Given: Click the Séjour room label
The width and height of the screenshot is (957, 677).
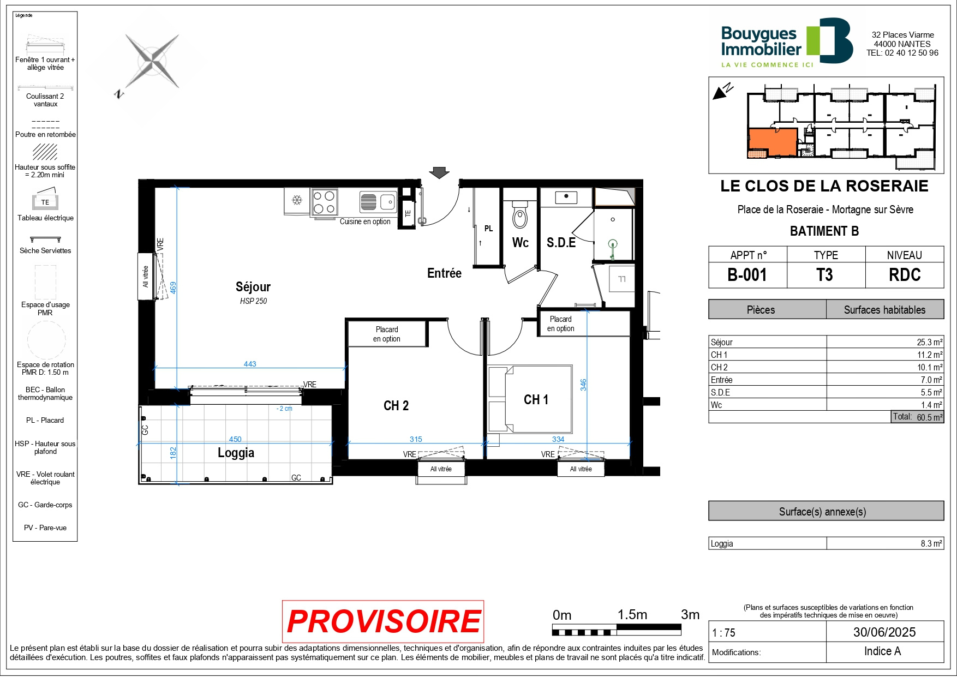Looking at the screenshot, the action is pos(253,287).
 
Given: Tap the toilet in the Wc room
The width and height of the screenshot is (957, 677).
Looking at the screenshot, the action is pos(520,214).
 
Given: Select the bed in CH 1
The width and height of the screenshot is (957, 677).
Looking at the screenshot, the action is pos(530,399).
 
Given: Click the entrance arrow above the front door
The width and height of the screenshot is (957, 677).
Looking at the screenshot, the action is pos(439,172).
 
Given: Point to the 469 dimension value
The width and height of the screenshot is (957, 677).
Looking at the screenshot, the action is pos(173,287).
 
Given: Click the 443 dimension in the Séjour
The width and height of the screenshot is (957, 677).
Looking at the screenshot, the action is pos(250,364).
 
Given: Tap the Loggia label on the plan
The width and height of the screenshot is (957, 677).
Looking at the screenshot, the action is pos(236,453).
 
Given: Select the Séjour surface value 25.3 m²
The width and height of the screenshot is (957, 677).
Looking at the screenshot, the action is pos(929,342).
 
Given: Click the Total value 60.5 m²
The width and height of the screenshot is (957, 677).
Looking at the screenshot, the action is pos(929,417).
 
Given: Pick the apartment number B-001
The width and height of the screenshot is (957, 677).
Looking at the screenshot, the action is pos(747,275).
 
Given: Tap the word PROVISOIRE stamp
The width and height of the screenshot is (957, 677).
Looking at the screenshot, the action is pos(383,621).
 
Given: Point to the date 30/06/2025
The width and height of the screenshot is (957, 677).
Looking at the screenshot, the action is pos(884,632).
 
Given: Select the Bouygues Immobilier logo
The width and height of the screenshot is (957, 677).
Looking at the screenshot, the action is pos(787,43).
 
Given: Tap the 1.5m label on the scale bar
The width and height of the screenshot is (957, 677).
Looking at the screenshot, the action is pos(632,615).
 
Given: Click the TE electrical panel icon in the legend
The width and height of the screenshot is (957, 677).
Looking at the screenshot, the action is pos(45,201).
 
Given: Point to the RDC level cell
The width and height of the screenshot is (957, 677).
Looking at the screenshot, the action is pos(905,275).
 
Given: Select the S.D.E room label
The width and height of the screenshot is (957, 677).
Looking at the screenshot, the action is pos(561,243).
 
